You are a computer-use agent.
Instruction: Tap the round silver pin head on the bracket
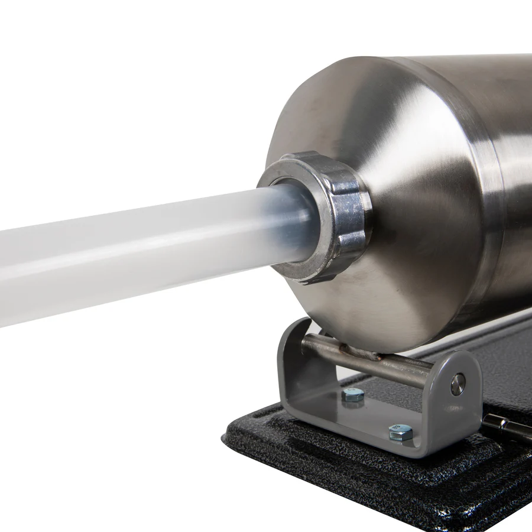coord(458,384)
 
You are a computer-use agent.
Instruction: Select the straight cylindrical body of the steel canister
coord(508,177)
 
